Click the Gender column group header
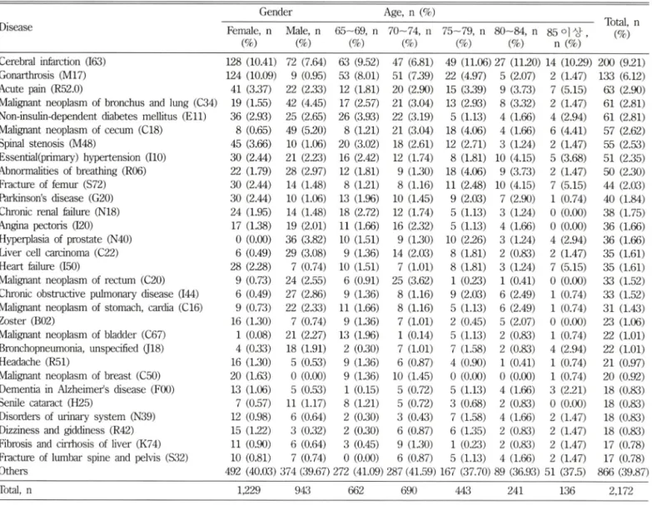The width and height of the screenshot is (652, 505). (276, 12)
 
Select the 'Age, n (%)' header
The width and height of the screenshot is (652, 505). (409, 12)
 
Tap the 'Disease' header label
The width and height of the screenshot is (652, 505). (16, 27)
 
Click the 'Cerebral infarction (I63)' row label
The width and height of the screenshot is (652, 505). (52, 62)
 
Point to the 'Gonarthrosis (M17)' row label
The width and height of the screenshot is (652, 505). (42, 75)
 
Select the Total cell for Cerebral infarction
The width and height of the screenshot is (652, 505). (621, 62)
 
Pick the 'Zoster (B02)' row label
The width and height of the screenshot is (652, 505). (27, 321)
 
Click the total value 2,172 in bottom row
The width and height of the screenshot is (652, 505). (621, 491)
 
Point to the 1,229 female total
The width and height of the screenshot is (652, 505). (249, 491)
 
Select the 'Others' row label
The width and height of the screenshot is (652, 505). (13, 471)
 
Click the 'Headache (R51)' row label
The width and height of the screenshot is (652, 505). (34, 362)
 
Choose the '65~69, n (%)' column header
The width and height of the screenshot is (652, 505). (356, 37)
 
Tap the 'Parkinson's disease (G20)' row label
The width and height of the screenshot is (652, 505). (57, 198)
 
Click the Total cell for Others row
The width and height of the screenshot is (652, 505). (621, 473)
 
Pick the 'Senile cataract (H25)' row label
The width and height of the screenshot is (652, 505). (46, 403)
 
